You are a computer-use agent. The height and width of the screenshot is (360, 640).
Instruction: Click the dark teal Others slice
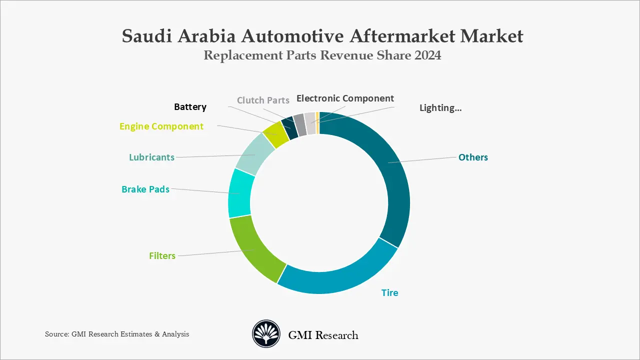tap(392, 170)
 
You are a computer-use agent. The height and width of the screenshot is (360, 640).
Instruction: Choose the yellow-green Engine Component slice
tap(275, 134)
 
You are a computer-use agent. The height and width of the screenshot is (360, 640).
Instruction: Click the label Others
tap(473, 157)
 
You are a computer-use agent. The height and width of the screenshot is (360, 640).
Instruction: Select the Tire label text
tap(389, 292)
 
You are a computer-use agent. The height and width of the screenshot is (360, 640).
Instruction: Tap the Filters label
tap(162, 255)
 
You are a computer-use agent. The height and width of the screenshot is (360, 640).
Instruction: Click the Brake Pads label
tap(145, 189)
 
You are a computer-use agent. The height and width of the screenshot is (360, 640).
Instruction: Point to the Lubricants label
tap(151, 157)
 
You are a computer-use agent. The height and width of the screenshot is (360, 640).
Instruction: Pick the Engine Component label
tap(161, 126)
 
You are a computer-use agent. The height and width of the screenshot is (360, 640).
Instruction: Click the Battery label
tap(190, 106)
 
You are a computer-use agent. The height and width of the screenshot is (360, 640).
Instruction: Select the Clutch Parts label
tap(263, 100)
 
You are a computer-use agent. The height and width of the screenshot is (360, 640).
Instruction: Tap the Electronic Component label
tap(345, 98)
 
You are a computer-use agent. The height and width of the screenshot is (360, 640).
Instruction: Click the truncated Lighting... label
tap(440, 107)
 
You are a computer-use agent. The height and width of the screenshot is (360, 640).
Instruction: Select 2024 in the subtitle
tap(427, 55)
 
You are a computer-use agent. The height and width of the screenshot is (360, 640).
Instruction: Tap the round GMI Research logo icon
tap(266, 334)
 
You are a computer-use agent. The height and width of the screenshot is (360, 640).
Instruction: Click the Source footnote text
tap(117, 334)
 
